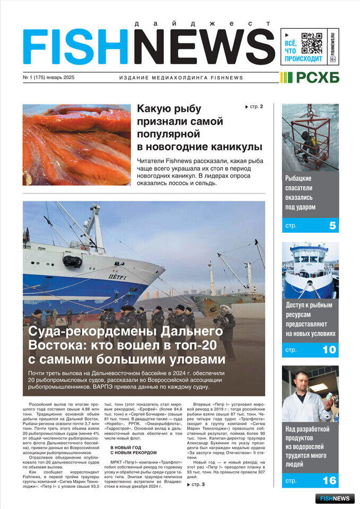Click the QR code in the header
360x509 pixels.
312,43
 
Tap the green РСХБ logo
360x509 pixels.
310,78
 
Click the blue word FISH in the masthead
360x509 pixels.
77,47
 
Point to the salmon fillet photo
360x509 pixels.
76,145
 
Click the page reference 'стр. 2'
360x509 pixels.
254,107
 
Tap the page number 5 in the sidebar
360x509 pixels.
332,225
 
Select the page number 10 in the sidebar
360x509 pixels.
329,349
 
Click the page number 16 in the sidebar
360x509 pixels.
329,480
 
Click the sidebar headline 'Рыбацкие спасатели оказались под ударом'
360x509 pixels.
301,192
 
